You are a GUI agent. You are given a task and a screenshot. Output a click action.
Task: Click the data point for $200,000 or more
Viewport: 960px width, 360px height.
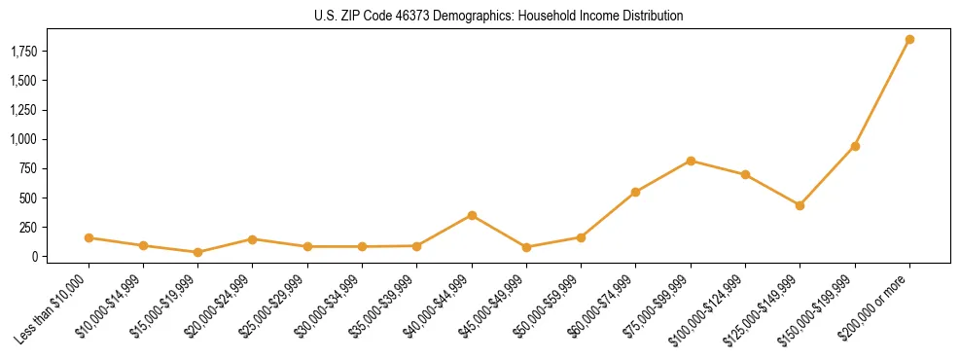pos(909,40)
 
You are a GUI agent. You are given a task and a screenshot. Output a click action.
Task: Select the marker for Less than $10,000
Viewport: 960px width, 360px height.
pos(89,237)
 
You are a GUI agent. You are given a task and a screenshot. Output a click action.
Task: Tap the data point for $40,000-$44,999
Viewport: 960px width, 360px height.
pos(472,215)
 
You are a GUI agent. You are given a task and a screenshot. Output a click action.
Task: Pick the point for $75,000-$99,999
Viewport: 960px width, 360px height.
pos(691,161)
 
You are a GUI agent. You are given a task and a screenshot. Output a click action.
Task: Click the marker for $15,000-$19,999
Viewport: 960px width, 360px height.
pos(197,252)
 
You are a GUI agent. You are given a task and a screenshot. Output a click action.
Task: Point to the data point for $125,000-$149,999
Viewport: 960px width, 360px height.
pos(800,205)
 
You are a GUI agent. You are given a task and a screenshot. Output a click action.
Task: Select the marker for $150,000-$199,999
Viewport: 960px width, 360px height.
pos(855,146)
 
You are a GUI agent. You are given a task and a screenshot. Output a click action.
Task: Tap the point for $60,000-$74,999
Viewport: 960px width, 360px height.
pos(635,192)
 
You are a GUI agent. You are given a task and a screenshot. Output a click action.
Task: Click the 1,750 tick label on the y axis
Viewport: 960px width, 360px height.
pos(22,51)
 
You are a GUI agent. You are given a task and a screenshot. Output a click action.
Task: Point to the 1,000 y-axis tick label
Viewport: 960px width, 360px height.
pos(22,139)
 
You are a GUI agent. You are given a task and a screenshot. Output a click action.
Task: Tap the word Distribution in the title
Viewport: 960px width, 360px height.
pos(652,17)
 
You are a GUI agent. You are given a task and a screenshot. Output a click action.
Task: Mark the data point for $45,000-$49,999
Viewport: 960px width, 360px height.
pos(526,247)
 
